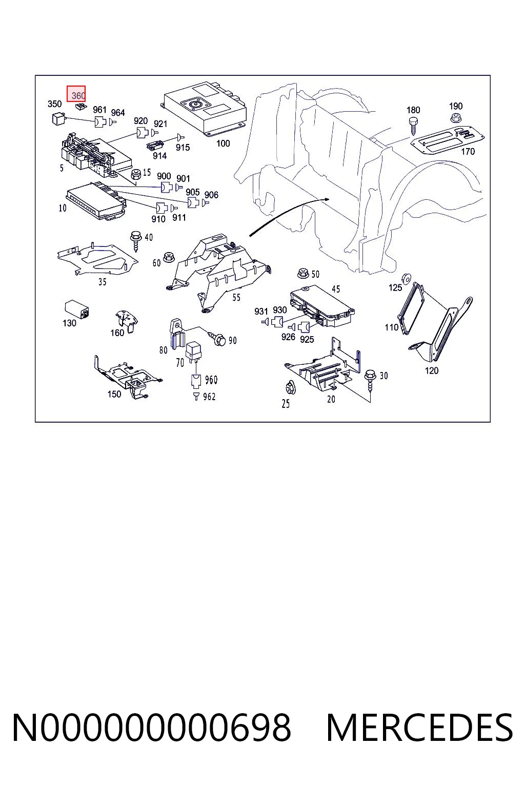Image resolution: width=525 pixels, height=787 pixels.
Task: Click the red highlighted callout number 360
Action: pyautogui.click(x=76, y=94)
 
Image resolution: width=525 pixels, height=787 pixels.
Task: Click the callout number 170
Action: pyautogui.click(x=468, y=152)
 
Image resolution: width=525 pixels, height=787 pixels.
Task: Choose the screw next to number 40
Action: pyautogui.click(x=135, y=240)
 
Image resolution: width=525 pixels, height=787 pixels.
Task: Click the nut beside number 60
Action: pyautogui.click(x=169, y=257)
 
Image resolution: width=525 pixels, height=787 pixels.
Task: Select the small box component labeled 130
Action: pyautogui.click(x=77, y=309)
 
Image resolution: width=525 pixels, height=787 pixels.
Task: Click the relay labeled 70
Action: pyautogui.click(x=193, y=350)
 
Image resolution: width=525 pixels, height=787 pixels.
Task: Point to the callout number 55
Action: pyautogui.click(x=236, y=298)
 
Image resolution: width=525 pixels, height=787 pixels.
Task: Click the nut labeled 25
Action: pyautogui.click(x=290, y=387)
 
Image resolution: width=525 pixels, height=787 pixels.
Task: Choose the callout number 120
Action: pyautogui.click(x=432, y=370)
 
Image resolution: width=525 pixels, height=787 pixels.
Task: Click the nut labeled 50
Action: pyautogui.click(x=303, y=273)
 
